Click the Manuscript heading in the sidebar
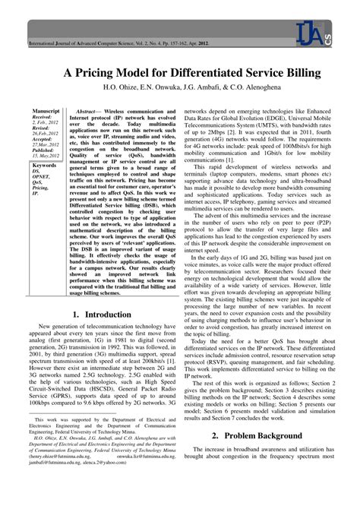coord(45,111)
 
